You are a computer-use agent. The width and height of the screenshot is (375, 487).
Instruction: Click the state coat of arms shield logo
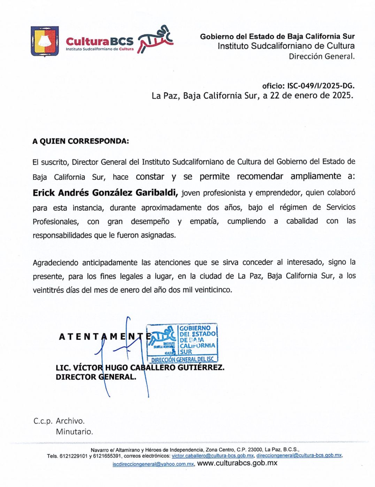click(x=45, y=41)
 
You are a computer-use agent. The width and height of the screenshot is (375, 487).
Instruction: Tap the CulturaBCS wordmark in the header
click(x=99, y=41)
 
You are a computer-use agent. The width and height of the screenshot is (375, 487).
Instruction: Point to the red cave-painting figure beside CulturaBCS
click(x=155, y=39)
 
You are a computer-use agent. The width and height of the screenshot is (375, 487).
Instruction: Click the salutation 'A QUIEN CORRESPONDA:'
click(x=81, y=141)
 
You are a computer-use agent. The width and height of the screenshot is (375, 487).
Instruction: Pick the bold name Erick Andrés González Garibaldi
click(x=105, y=192)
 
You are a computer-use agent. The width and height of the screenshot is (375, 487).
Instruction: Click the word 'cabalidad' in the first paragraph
click(x=302, y=221)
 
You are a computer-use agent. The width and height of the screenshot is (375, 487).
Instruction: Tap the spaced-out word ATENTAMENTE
click(x=105, y=337)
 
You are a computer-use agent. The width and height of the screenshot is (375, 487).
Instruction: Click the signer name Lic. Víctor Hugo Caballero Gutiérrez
click(x=140, y=367)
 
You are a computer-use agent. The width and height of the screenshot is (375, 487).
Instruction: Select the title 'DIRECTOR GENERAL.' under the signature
click(x=96, y=377)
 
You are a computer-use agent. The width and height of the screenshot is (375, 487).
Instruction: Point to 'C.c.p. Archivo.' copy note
click(x=59, y=421)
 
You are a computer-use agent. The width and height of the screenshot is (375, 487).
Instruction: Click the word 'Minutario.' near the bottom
click(x=74, y=432)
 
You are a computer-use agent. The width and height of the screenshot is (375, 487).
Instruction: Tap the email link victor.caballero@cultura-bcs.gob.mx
click(x=213, y=456)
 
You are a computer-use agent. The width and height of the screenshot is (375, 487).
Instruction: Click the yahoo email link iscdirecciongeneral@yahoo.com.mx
click(x=153, y=464)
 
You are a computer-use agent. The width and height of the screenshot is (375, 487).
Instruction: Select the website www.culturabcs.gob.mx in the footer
click(x=237, y=463)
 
